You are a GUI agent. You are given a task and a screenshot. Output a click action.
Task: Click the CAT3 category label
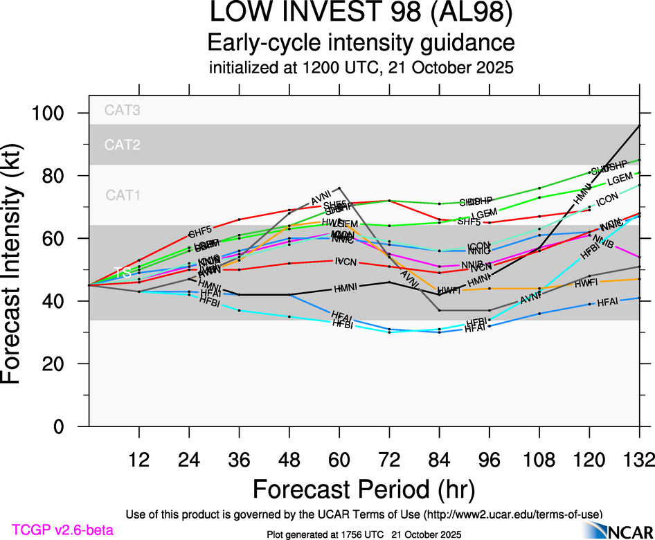tap(122, 109)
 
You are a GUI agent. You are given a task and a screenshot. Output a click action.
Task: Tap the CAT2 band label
tap(122, 145)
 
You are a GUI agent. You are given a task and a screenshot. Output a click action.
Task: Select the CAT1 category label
tap(123, 195)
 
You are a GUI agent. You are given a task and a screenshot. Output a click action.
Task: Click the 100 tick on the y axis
tap(59, 113)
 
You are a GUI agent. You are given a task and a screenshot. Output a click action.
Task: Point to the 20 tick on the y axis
tap(64, 364)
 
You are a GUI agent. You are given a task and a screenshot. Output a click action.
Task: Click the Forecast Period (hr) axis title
tap(364, 489)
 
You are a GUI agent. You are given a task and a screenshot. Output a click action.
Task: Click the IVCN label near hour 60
tap(346, 262)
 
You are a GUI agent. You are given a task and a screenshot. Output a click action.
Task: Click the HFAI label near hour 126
tap(607, 302)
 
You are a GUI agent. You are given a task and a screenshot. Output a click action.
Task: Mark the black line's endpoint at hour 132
tap(639, 125)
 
